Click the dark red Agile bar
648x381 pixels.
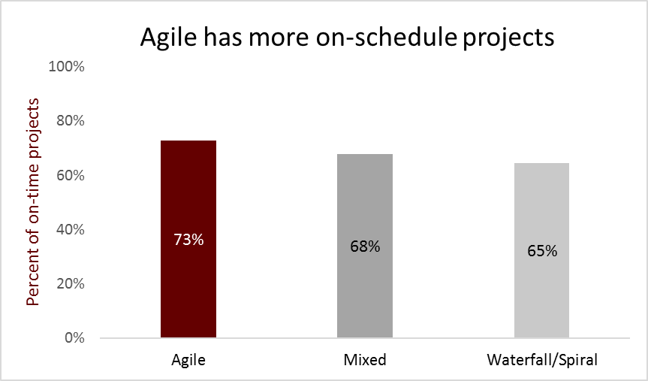(188, 239)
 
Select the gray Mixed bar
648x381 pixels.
(365, 246)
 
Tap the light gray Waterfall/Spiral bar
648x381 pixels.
(542, 250)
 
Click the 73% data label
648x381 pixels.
(188, 240)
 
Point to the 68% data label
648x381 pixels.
(365, 246)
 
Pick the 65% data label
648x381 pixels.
(542, 251)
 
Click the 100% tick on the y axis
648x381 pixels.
(67, 66)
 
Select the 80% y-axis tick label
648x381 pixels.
(71, 121)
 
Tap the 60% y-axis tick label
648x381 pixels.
(71, 175)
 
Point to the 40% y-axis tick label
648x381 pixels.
(71, 230)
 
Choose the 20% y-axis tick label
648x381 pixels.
(71, 284)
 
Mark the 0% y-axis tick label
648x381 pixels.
(74, 338)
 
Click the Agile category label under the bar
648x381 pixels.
(188, 360)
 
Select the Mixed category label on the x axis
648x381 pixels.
(365, 360)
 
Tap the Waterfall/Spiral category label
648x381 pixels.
(542, 360)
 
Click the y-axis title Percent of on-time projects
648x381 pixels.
(32, 202)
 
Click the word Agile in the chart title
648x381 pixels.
(168, 38)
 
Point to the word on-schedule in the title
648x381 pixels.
(387, 37)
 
